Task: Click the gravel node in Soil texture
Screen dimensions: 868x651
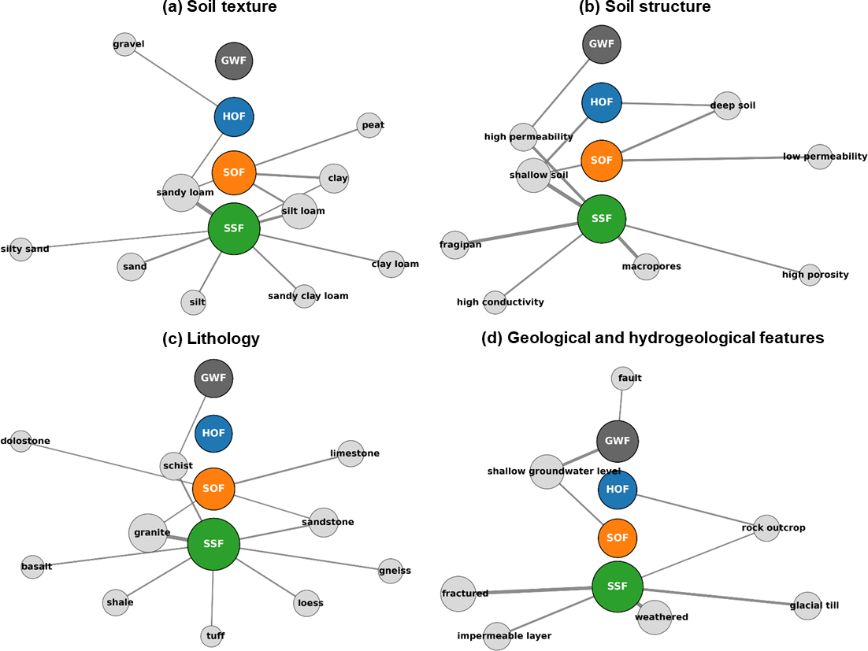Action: pyautogui.click(x=125, y=44)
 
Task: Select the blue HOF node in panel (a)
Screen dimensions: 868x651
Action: pyautogui.click(x=234, y=117)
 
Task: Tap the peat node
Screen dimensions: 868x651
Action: pyautogui.click(x=369, y=125)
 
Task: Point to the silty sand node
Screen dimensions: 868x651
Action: pyautogui.click(x=21, y=249)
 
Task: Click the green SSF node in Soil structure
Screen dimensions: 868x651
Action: pyautogui.click(x=601, y=219)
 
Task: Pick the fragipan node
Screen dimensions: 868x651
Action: pyautogui.click(x=455, y=245)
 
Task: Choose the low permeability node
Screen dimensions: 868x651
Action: pyautogui.click(x=819, y=157)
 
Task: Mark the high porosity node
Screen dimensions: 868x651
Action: pyautogui.click(x=810, y=275)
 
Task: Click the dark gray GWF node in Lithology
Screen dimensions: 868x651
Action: pyautogui.click(x=213, y=379)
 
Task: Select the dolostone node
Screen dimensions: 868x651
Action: pyautogui.click(x=21, y=442)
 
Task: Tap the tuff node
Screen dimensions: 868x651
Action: pyautogui.click(x=211, y=636)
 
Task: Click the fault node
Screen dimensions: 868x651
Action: pyautogui.click(x=623, y=379)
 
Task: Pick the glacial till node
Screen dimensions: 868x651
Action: pyautogui.click(x=807, y=605)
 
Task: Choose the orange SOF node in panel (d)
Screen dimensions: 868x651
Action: pyautogui.click(x=618, y=538)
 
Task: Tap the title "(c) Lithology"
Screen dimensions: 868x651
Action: pyautogui.click(x=211, y=338)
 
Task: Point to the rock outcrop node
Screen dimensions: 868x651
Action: pyautogui.click(x=766, y=527)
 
